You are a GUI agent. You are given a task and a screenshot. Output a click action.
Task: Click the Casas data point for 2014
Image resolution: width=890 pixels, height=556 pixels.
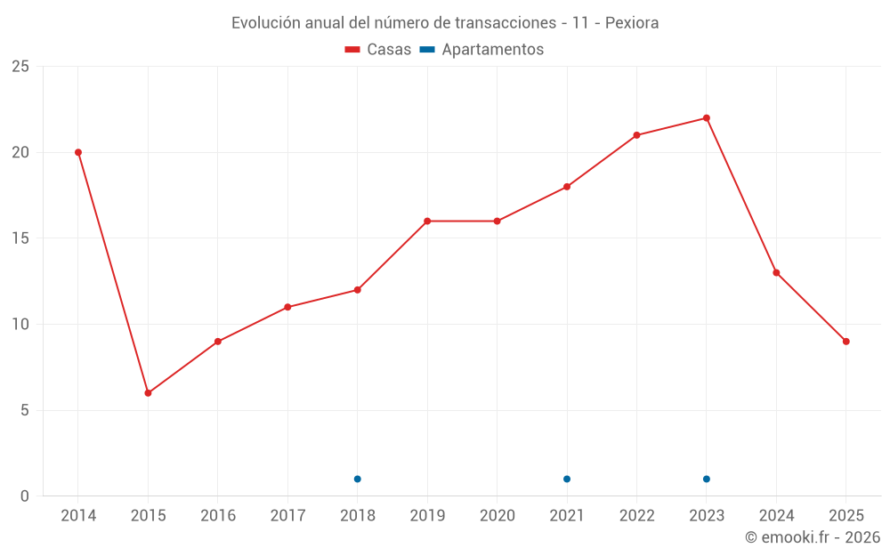point(78,152)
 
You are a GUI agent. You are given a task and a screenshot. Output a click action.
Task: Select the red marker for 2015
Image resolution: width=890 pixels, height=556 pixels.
point(148,393)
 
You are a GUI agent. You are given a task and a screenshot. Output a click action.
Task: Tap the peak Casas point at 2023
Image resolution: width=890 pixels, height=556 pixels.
point(707,118)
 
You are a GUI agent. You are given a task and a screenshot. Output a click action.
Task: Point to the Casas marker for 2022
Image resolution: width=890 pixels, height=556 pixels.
point(636,135)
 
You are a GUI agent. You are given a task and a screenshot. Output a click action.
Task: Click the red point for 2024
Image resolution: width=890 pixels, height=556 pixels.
point(776,273)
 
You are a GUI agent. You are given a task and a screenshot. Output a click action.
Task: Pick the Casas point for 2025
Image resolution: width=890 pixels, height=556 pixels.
point(846,342)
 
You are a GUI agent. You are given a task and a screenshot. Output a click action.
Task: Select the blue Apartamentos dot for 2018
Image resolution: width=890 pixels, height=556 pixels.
point(357,479)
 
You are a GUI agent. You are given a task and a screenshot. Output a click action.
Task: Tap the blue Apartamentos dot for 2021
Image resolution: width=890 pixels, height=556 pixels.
point(567,479)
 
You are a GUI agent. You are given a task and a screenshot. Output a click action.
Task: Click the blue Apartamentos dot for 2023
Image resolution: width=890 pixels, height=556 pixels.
point(707,479)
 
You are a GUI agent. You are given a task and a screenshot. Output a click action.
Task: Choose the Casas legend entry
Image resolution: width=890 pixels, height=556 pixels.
point(378,50)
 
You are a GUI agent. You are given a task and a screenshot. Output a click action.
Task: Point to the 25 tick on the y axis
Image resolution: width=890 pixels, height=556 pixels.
point(20,67)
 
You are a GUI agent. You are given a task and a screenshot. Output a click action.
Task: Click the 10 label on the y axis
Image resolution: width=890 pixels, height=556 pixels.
point(20,325)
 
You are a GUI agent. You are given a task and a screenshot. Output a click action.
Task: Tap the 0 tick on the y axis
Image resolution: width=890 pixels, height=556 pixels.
point(25,496)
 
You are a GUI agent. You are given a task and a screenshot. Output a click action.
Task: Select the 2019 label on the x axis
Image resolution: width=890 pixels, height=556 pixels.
point(427,516)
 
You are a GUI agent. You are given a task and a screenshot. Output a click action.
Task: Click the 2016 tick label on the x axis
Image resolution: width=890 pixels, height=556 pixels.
point(218,516)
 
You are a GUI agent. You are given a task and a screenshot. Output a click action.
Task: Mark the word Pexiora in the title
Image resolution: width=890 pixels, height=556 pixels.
point(632,23)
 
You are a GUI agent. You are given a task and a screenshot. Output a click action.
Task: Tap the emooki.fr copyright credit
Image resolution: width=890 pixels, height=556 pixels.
point(812,537)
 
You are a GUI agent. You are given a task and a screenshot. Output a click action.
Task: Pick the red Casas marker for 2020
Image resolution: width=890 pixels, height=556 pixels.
point(497,222)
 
